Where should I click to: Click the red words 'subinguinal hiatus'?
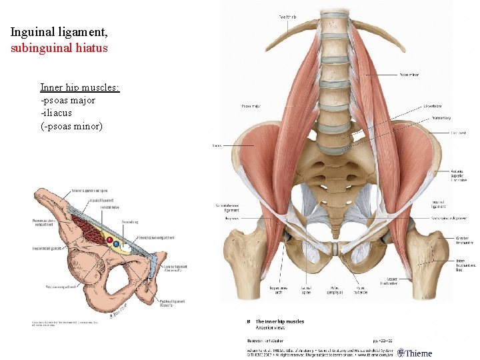[x=59, y=48]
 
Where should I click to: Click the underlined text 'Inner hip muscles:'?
[x=79, y=87]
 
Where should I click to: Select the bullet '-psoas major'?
[x=67, y=100]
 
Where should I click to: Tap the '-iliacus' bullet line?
[x=56, y=113]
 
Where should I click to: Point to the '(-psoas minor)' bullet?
[x=71, y=125]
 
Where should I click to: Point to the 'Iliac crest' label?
[x=439, y=133]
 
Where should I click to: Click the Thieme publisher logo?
[x=415, y=353]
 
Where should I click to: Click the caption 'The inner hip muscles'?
[x=280, y=321]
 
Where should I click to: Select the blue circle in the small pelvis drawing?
[x=117, y=243]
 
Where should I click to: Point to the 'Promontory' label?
[x=441, y=117]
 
